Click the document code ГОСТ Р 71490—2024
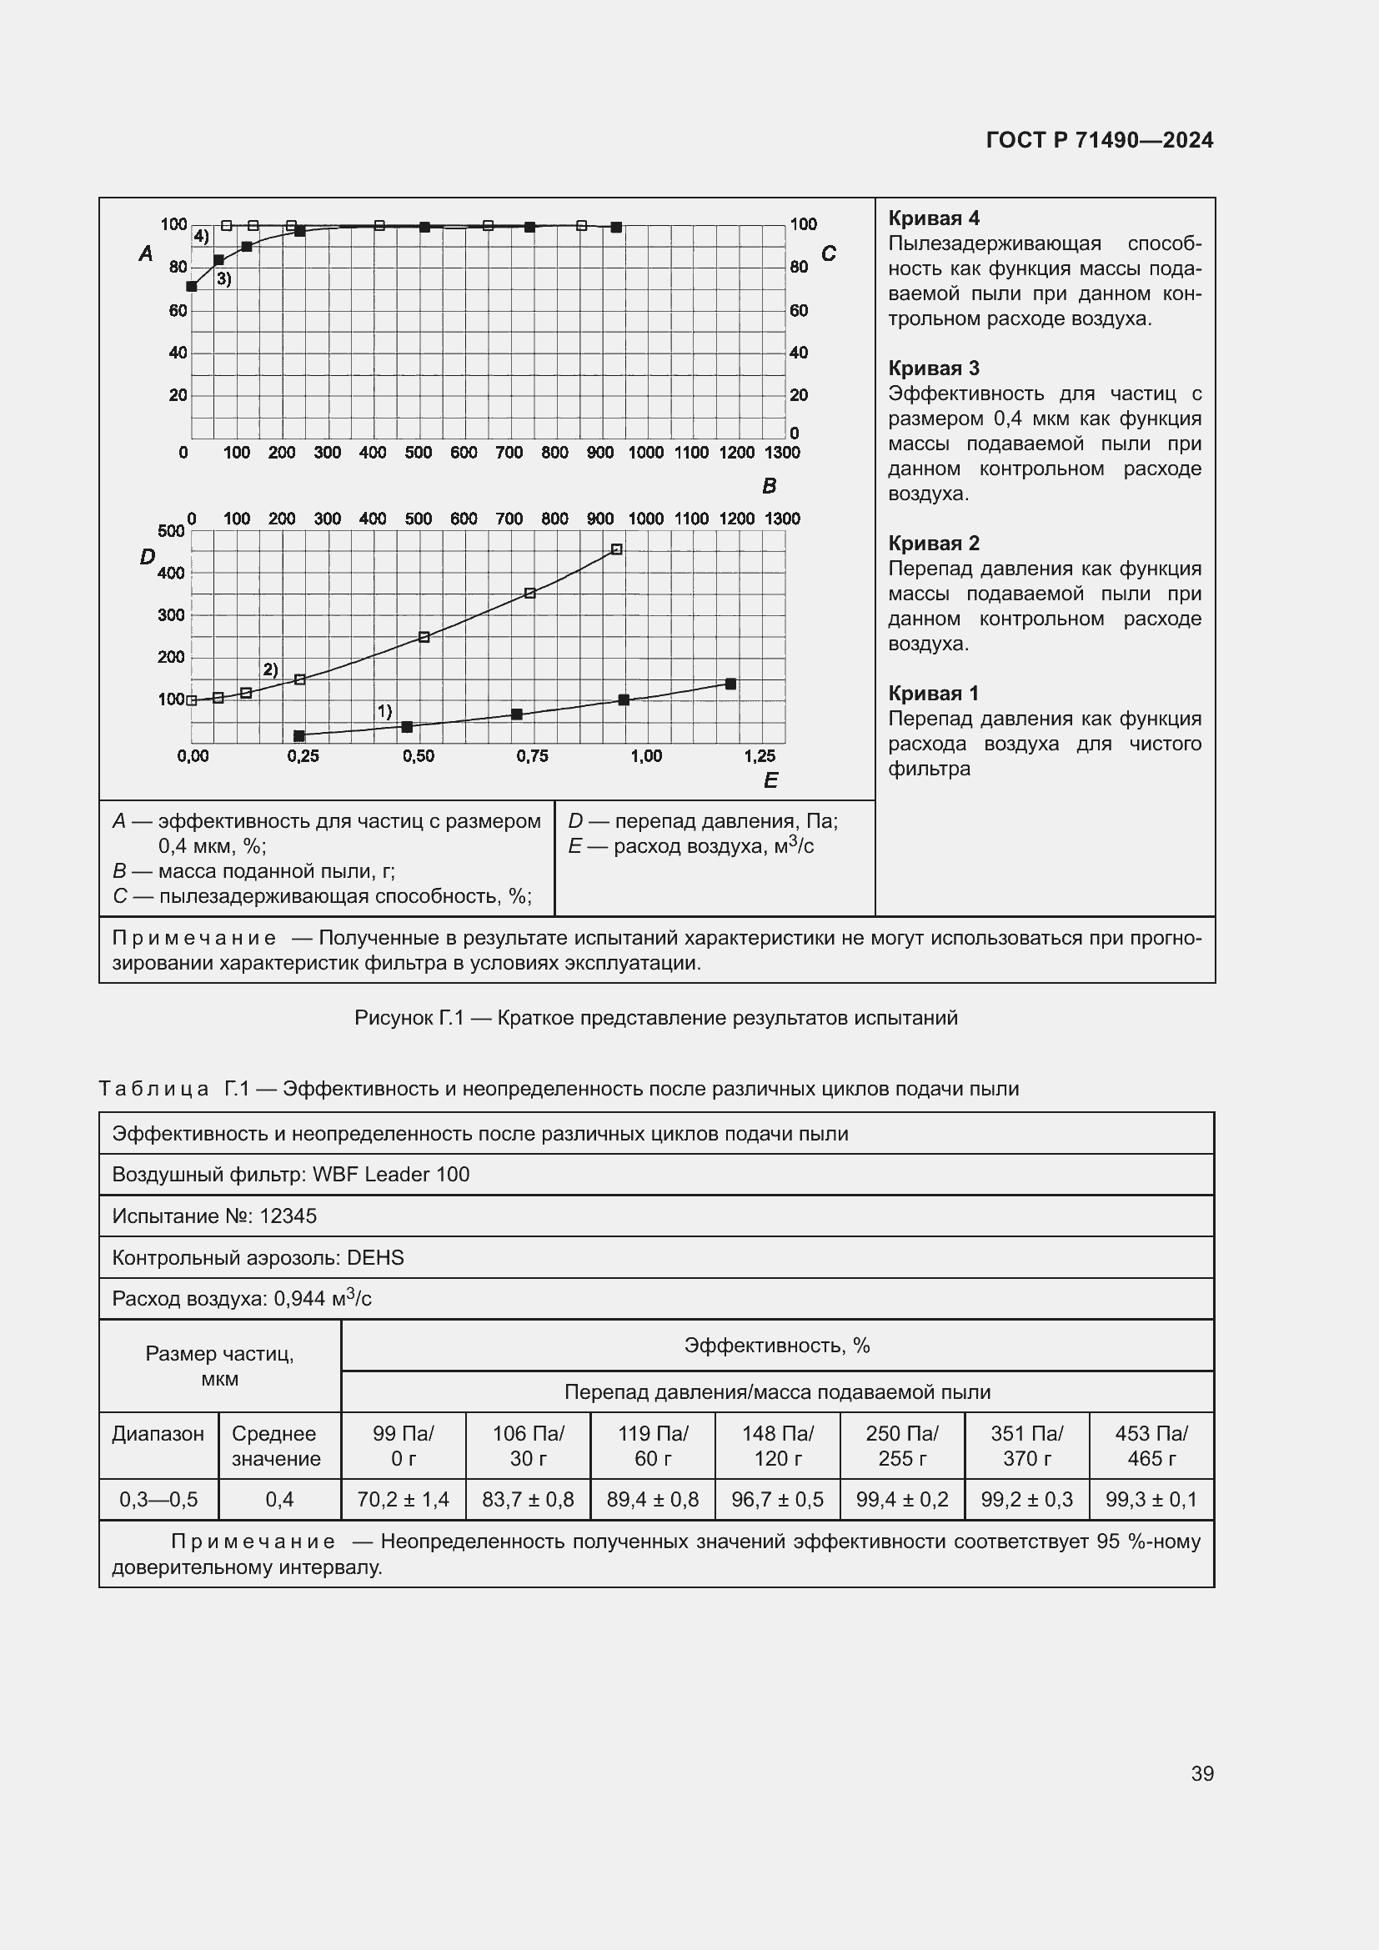tap(1099, 140)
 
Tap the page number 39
tap(1201, 1773)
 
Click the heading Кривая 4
tap(933, 218)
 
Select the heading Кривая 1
tap(933, 693)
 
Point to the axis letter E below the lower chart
tap(770, 779)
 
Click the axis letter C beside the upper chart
tap(828, 253)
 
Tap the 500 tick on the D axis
tap(171, 531)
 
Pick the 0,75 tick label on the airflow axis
tap(533, 756)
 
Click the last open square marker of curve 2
tap(616, 549)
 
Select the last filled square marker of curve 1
tap(730, 684)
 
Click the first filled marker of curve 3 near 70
tap(192, 286)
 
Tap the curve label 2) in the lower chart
tap(270, 669)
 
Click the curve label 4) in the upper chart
tap(201, 236)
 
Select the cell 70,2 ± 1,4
tap(403, 1499)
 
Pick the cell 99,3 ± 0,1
tap(1151, 1499)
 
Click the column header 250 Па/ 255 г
tap(901, 1446)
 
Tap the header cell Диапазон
tap(158, 1434)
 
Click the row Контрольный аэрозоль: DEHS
tap(258, 1257)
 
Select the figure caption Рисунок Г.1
tap(655, 1017)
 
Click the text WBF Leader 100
tap(390, 1175)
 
